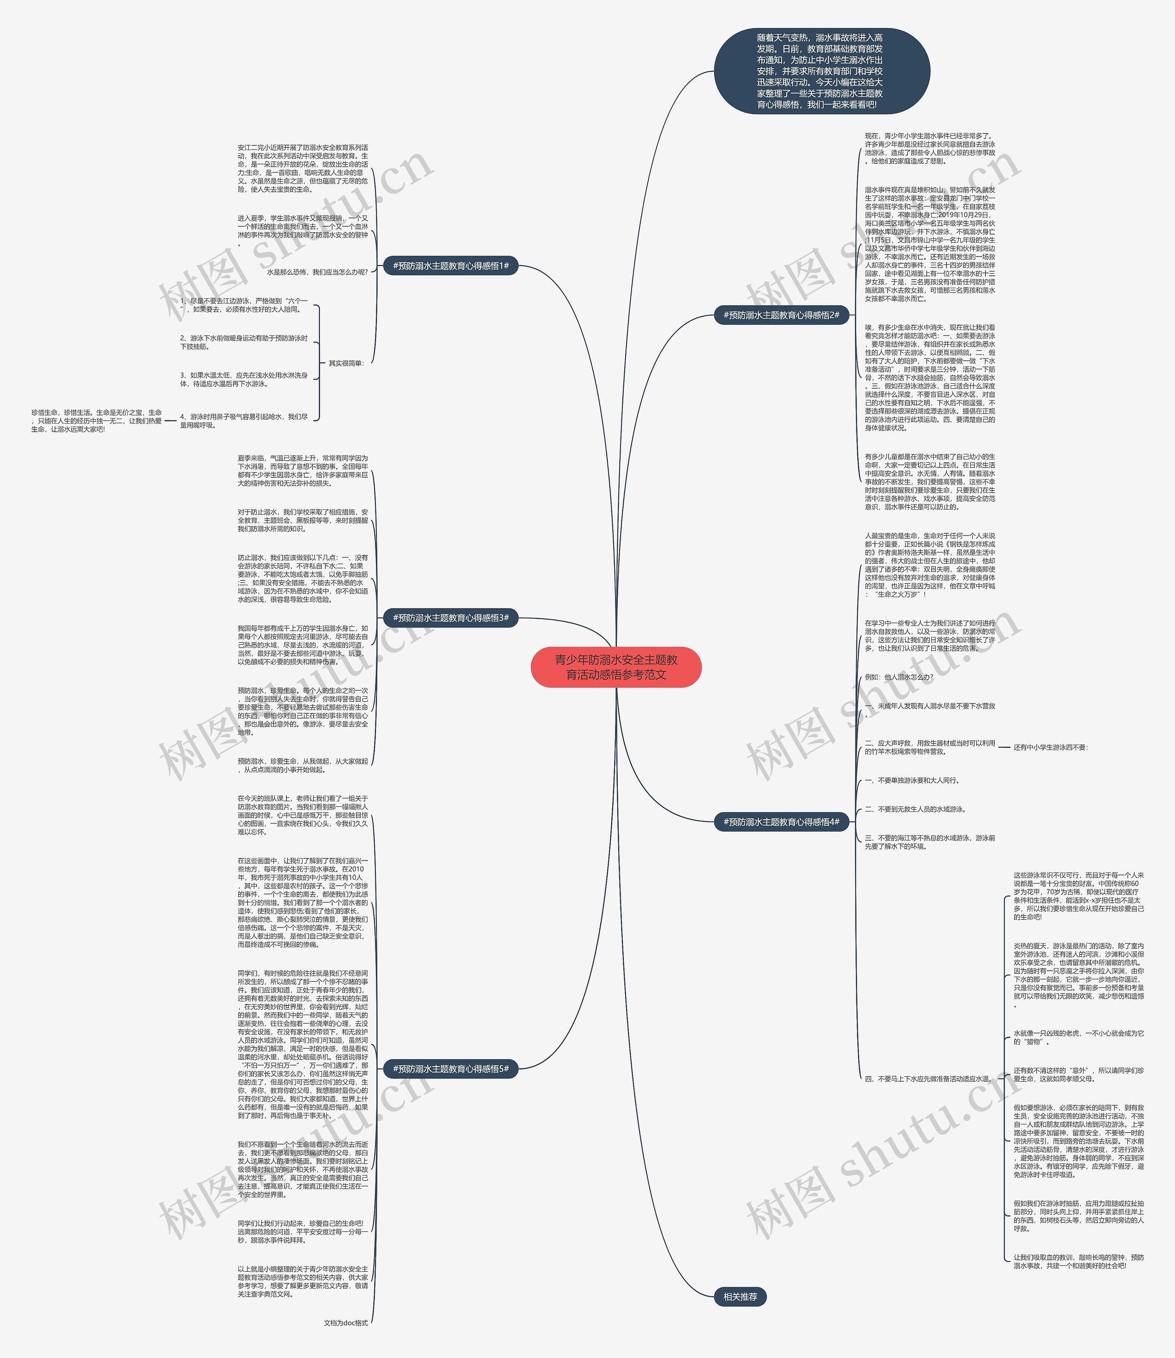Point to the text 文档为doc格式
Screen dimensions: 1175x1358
pos(346,1323)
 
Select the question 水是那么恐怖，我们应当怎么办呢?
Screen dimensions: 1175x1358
pos(317,272)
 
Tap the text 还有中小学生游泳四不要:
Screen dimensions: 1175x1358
pos(1051,747)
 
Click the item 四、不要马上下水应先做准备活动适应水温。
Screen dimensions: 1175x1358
pos(928,1078)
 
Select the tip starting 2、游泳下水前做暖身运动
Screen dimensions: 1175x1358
pos(243,341)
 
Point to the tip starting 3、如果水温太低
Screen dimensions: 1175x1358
pos(243,379)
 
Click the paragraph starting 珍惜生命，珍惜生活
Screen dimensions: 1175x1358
pos(96,420)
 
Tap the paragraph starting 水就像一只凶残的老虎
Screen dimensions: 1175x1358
pos(1078,1037)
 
